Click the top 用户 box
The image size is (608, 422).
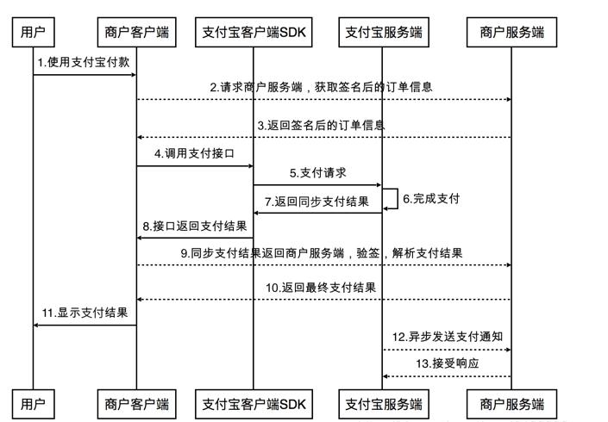33,33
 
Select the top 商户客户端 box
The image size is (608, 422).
136,33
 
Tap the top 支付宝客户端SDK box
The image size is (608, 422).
254,33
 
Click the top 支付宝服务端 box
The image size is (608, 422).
383,33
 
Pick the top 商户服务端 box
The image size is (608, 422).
512,33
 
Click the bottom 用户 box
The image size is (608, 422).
33,403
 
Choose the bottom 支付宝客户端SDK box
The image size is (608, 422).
254,403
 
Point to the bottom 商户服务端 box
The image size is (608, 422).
512,403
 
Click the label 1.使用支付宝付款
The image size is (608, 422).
85,63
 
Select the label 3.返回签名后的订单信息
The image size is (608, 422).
321,125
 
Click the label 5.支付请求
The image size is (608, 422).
318,173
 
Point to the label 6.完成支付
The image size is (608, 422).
431,199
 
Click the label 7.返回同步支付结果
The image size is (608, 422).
317,202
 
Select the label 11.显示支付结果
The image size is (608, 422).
85,313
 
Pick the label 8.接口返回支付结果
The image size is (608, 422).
194,227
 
